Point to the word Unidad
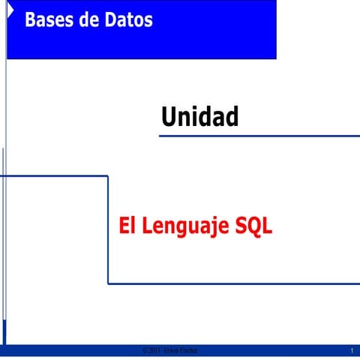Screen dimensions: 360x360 click(199, 117)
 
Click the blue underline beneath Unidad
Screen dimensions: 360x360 click(259, 136)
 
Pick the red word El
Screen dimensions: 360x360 click(127, 226)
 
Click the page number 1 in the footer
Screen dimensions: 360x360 click(352, 351)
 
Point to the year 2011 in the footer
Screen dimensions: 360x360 click(155, 351)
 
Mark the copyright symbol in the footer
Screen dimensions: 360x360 click(145, 351)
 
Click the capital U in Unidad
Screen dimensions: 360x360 click(169, 117)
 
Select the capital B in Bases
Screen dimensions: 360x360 click(31, 20)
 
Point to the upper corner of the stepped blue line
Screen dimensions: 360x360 click(108, 176)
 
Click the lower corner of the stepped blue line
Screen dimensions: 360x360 click(108, 283)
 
